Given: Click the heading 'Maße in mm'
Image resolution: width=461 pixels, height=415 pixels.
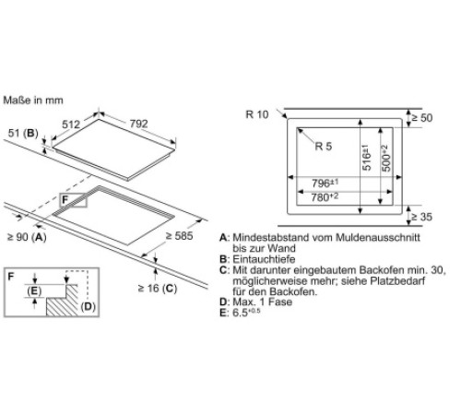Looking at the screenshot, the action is pos(33,101).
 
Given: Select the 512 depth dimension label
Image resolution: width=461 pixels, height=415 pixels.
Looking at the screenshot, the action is pos(71,125).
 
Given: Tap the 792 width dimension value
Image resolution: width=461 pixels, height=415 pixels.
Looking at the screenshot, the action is pos(138,124).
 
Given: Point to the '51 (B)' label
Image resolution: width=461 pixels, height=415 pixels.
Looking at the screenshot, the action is pos(23,133).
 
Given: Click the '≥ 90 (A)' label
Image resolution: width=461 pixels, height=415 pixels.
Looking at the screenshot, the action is pos(27,237).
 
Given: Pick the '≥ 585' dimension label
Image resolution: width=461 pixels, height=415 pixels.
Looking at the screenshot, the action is pos(180,236).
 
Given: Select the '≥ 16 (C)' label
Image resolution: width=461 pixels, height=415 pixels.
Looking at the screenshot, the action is pos(158,289).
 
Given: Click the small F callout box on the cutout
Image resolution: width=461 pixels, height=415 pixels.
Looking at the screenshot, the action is pos(74,200).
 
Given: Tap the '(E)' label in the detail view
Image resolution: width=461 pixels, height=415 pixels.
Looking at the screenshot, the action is pos(34,290).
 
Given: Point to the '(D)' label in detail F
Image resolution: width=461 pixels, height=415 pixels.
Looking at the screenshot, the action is pos(88,306).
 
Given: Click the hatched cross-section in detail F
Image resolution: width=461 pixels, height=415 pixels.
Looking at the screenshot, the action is pos(63,302).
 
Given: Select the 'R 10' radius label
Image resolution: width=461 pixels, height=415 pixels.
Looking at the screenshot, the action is pos(257,114).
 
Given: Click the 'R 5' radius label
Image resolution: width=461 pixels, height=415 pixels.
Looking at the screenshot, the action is pos(324,146).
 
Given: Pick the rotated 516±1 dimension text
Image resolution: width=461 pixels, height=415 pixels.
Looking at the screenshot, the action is pos(366,157).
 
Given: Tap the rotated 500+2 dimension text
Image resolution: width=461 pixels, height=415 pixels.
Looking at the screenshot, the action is pos(385,159).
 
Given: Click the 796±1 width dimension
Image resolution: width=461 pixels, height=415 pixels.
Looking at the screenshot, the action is pos(325,183).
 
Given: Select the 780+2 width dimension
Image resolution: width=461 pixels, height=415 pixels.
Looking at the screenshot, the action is pos(325,196).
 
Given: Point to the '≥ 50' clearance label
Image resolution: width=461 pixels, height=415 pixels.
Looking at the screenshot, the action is pos(421,117).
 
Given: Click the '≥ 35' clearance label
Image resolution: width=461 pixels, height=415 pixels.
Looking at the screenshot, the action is pos(421,217).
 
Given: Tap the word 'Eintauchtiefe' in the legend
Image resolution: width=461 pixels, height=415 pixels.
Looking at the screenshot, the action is pos(264,259).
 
